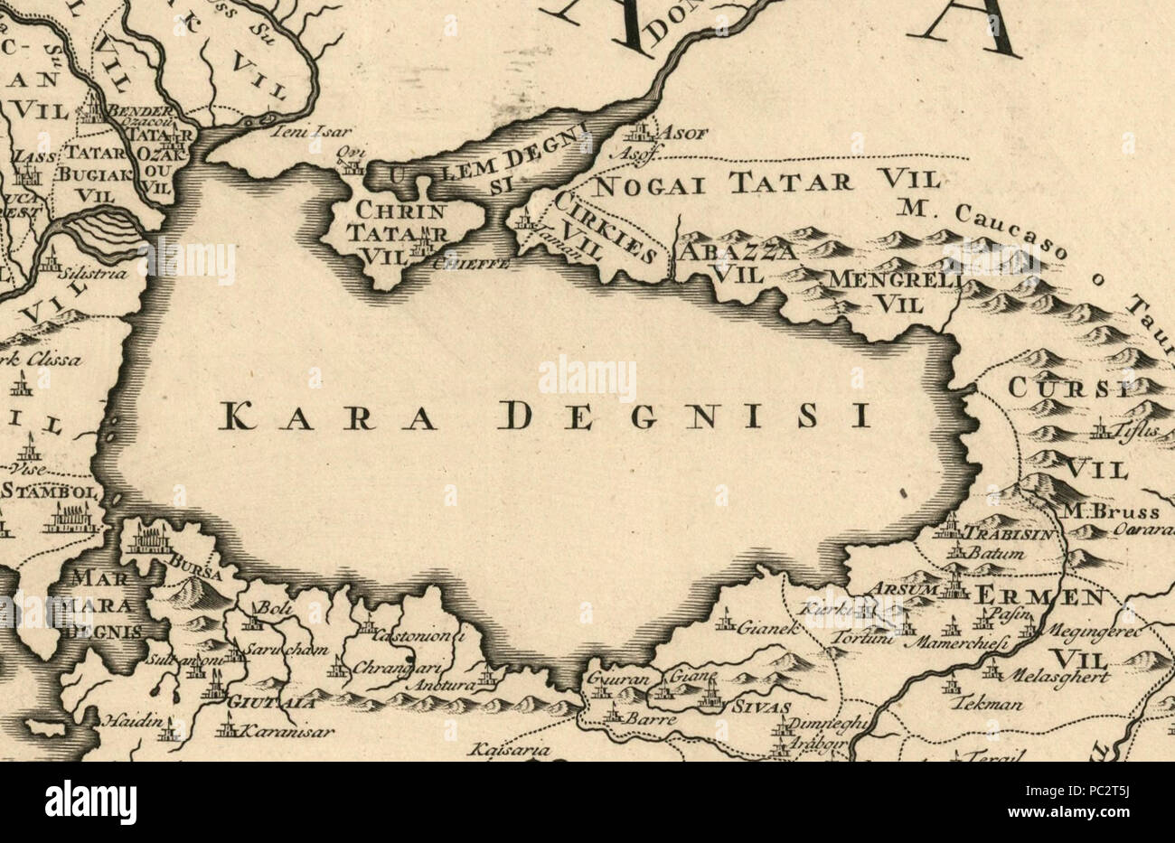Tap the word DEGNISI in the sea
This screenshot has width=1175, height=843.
[x=684, y=415]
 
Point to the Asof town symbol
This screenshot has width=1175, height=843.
[x=640, y=133]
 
